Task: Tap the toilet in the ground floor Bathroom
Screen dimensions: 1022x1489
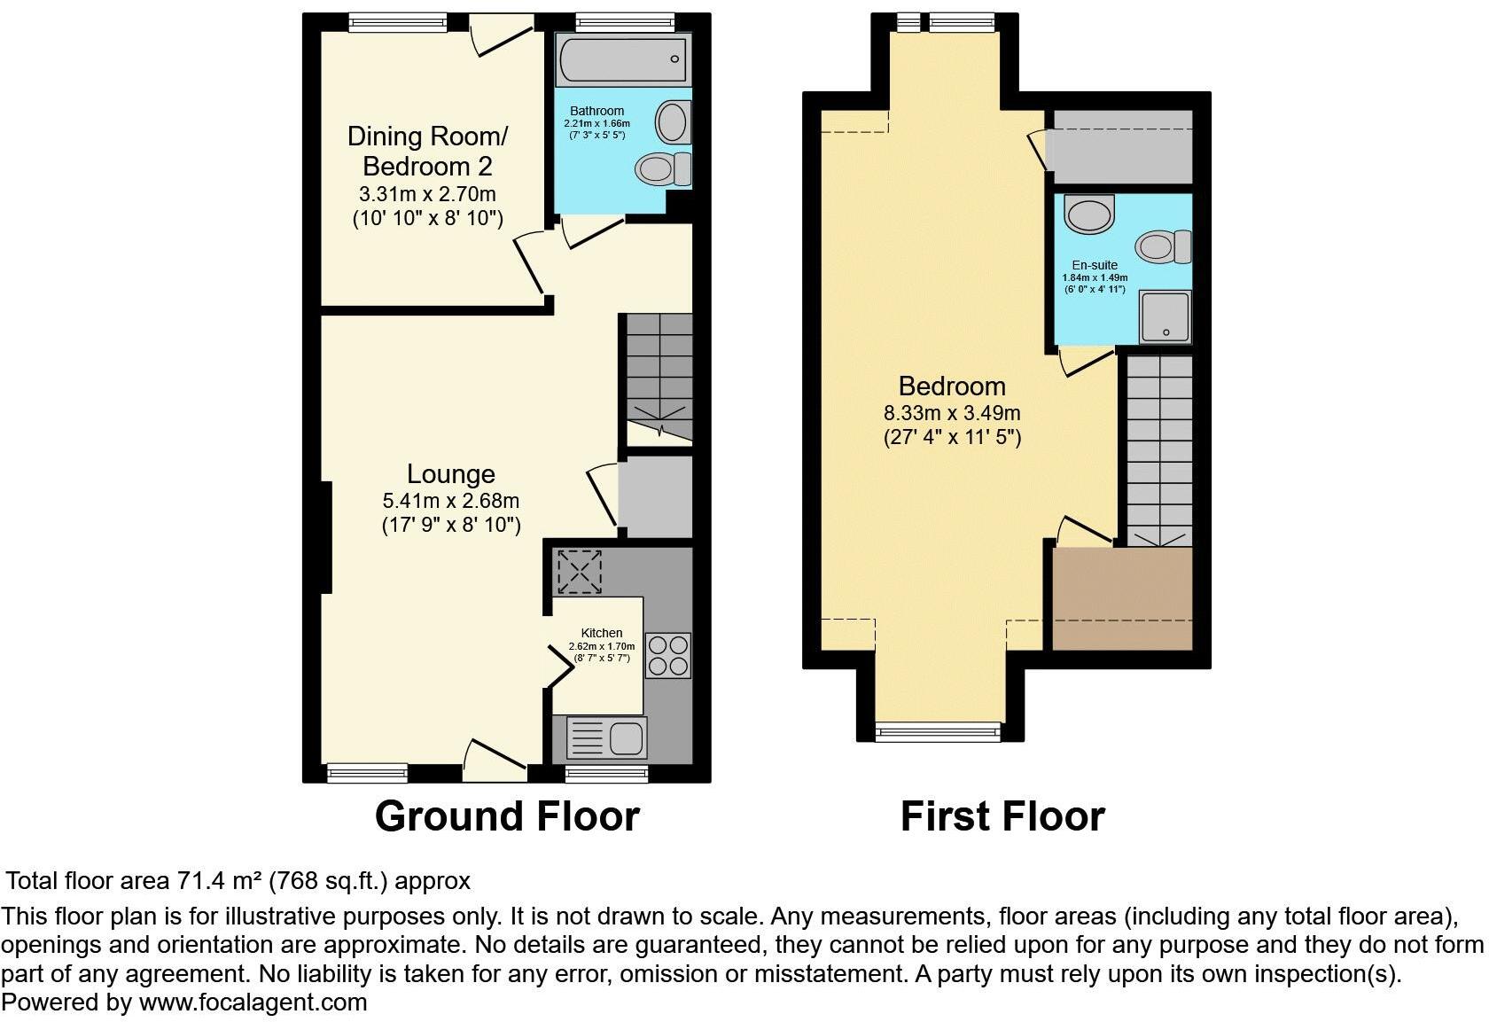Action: (665, 168)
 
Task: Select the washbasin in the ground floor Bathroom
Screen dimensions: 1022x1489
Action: (673, 121)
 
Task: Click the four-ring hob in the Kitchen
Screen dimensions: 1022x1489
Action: (667, 656)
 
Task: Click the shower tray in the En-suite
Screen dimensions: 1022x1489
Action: (1165, 316)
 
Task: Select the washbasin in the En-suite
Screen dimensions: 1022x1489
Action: (1089, 213)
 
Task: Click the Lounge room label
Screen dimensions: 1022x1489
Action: (450, 474)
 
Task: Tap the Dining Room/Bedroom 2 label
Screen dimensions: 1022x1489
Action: (427, 151)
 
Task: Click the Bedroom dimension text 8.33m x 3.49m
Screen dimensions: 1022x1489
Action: (952, 413)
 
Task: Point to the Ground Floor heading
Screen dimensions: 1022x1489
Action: (507, 816)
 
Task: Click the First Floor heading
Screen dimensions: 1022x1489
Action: (1002, 816)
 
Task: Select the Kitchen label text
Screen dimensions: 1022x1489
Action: (602, 633)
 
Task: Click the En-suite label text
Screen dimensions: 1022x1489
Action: (1095, 265)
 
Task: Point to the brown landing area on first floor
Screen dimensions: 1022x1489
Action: (1123, 598)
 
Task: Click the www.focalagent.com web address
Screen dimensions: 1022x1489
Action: (253, 1002)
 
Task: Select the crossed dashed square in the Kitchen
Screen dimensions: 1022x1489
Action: (579, 572)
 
